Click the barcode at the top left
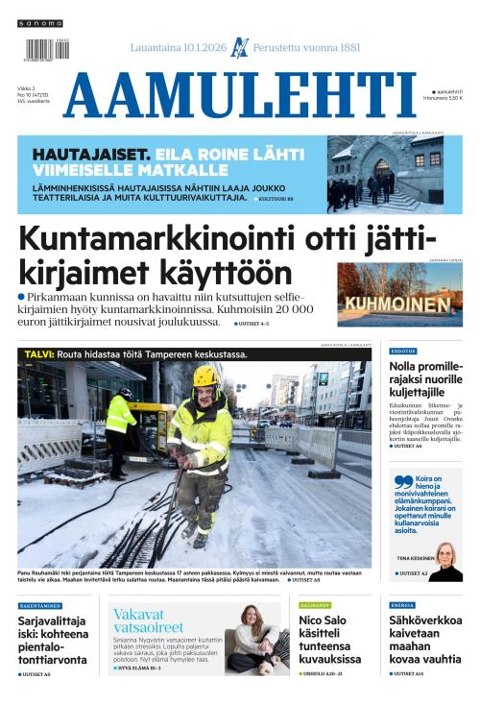pos(41,49)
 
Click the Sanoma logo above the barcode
pos(40,23)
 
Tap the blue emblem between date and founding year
pos(240,48)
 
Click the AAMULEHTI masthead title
pos(240,96)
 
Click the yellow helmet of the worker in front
pos(204,375)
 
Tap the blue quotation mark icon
pos(402,483)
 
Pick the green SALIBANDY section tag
pos(315,605)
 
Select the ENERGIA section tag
pos(403,605)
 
